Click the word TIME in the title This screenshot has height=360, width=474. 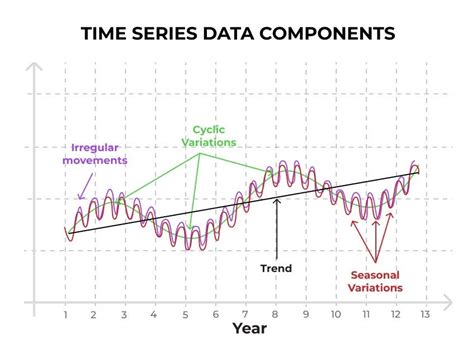click(x=104, y=34)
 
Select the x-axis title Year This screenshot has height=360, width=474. click(x=249, y=328)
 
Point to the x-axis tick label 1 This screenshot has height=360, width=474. click(x=65, y=315)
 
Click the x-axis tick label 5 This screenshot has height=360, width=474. click(x=185, y=315)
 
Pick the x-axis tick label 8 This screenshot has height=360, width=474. click(x=275, y=315)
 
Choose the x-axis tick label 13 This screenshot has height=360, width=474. click(x=423, y=315)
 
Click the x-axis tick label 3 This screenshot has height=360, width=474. click(x=124, y=315)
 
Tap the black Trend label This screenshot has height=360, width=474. click(x=276, y=268)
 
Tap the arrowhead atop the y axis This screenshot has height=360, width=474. click(x=34, y=71)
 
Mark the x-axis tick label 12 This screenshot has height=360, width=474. click(x=394, y=315)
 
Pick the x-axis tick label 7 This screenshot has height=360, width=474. click(x=245, y=315)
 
